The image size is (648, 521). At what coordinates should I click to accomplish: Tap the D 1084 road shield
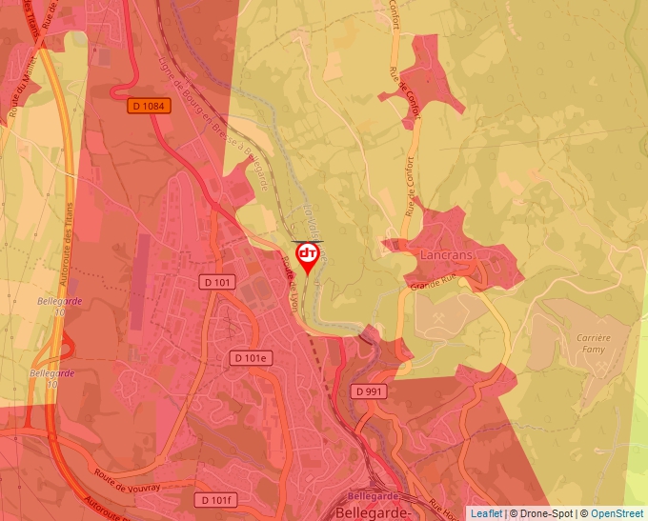click(148, 107)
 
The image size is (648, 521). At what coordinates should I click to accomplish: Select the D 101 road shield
click(217, 282)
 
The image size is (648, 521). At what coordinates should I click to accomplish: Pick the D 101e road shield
click(253, 357)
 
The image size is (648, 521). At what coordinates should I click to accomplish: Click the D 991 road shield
click(367, 391)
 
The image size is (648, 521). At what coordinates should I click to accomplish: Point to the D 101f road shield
click(214, 500)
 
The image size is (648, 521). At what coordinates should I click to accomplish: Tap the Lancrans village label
click(446, 256)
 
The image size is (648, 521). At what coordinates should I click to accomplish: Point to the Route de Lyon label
click(291, 283)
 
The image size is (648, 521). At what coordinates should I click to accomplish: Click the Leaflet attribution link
click(486, 513)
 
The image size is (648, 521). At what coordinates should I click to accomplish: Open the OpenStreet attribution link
click(617, 513)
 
